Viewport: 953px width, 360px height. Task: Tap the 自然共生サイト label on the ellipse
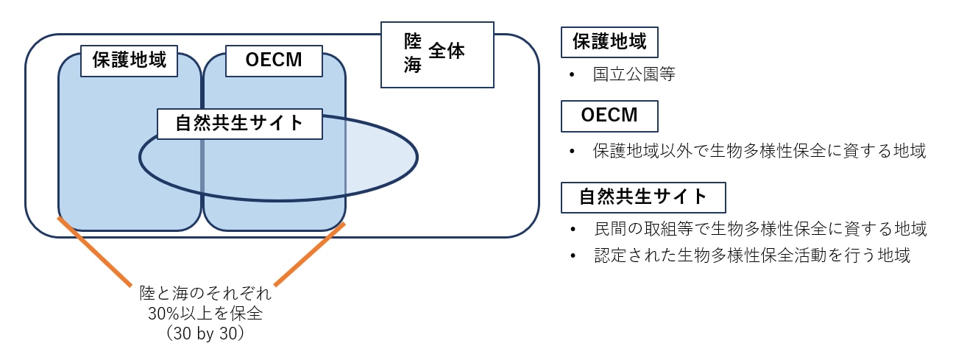point(240,123)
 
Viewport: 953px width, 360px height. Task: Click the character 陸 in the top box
point(412,41)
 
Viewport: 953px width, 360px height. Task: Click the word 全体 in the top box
point(447,52)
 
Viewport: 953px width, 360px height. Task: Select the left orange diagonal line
point(93,250)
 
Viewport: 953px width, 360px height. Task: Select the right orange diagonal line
point(310,254)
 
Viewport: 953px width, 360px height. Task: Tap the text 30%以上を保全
point(206,314)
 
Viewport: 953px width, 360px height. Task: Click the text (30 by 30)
point(206,333)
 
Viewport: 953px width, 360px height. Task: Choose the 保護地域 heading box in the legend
point(609,42)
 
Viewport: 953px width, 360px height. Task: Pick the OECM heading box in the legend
point(609,116)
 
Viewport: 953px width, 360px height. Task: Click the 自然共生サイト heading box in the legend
point(643,197)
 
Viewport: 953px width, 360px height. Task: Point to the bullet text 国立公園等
point(634,75)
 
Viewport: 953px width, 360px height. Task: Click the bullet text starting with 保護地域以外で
point(759,152)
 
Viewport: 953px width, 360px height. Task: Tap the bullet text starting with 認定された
point(751,255)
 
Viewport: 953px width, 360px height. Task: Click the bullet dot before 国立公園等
point(572,76)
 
